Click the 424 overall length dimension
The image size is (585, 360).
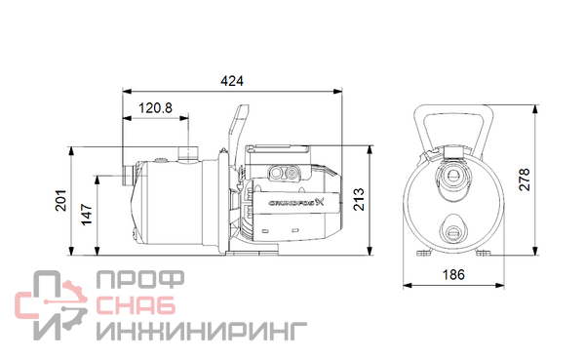(x=232, y=81)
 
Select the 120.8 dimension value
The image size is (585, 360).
(x=155, y=108)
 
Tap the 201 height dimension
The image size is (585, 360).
(x=60, y=201)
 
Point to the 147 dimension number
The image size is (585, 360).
(x=87, y=215)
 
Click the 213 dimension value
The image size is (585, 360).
(x=359, y=200)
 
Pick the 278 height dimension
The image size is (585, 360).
(x=525, y=180)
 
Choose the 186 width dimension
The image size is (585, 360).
(x=453, y=275)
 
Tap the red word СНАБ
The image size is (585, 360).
(x=136, y=305)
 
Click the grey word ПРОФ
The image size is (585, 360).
(x=140, y=279)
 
